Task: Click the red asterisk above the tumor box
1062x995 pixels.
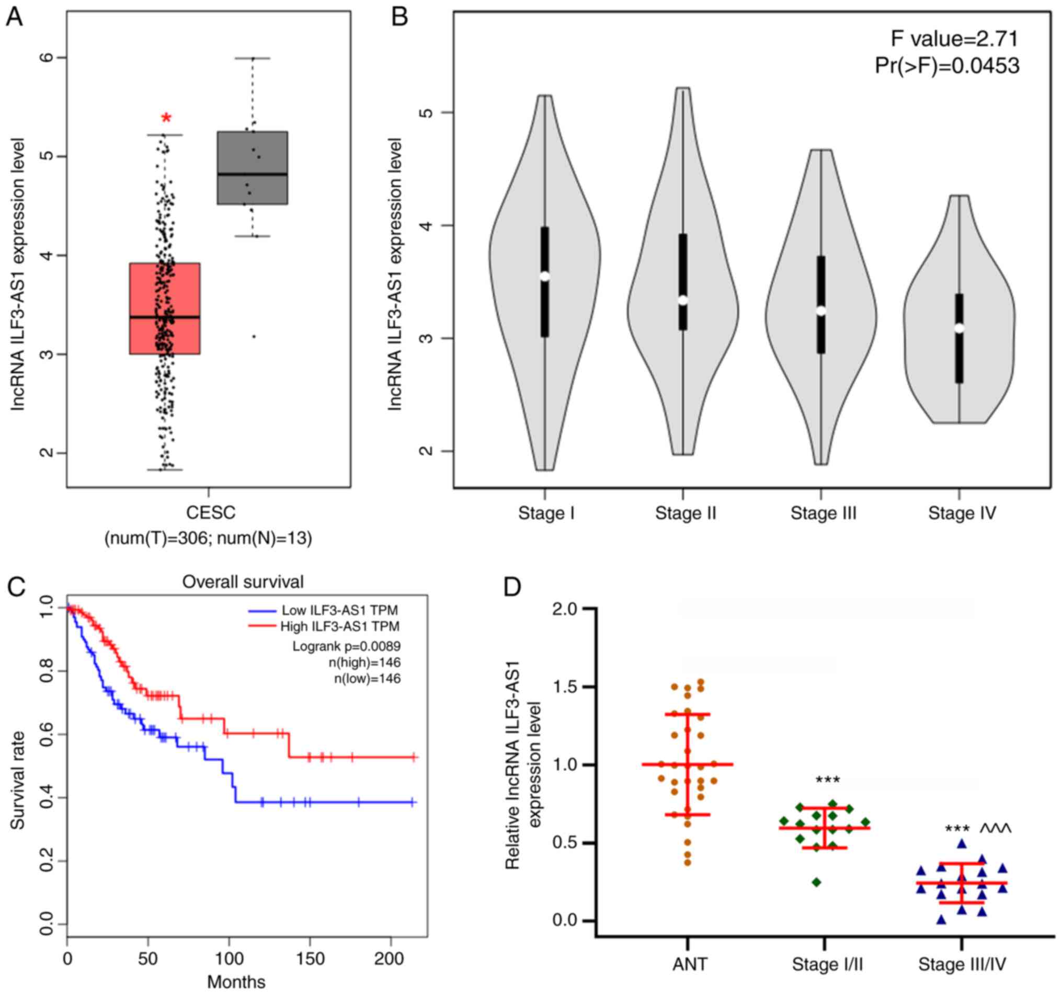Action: click(x=167, y=118)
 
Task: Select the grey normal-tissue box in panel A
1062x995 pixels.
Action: click(x=252, y=168)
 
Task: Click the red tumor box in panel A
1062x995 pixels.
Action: click(x=165, y=308)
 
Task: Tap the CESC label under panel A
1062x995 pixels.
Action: click(x=211, y=513)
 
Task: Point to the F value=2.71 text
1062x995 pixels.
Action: click(x=954, y=39)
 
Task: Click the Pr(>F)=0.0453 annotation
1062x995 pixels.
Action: click(x=946, y=66)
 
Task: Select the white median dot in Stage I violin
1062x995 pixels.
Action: click(x=544, y=276)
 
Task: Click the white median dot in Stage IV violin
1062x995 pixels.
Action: click(x=960, y=328)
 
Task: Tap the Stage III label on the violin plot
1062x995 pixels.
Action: click(x=823, y=513)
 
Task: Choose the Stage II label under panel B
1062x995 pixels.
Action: click(x=686, y=513)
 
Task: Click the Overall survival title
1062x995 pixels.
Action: click(x=243, y=581)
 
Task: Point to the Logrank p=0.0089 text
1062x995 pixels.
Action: click(x=346, y=647)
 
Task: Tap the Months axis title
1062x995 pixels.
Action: click(x=236, y=981)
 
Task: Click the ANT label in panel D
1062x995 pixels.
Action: click(x=690, y=964)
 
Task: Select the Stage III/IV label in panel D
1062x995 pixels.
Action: click(x=962, y=964)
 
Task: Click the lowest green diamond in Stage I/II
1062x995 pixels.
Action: click(x=817, y=882)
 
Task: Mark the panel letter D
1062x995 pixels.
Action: click(x=513, y=587)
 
